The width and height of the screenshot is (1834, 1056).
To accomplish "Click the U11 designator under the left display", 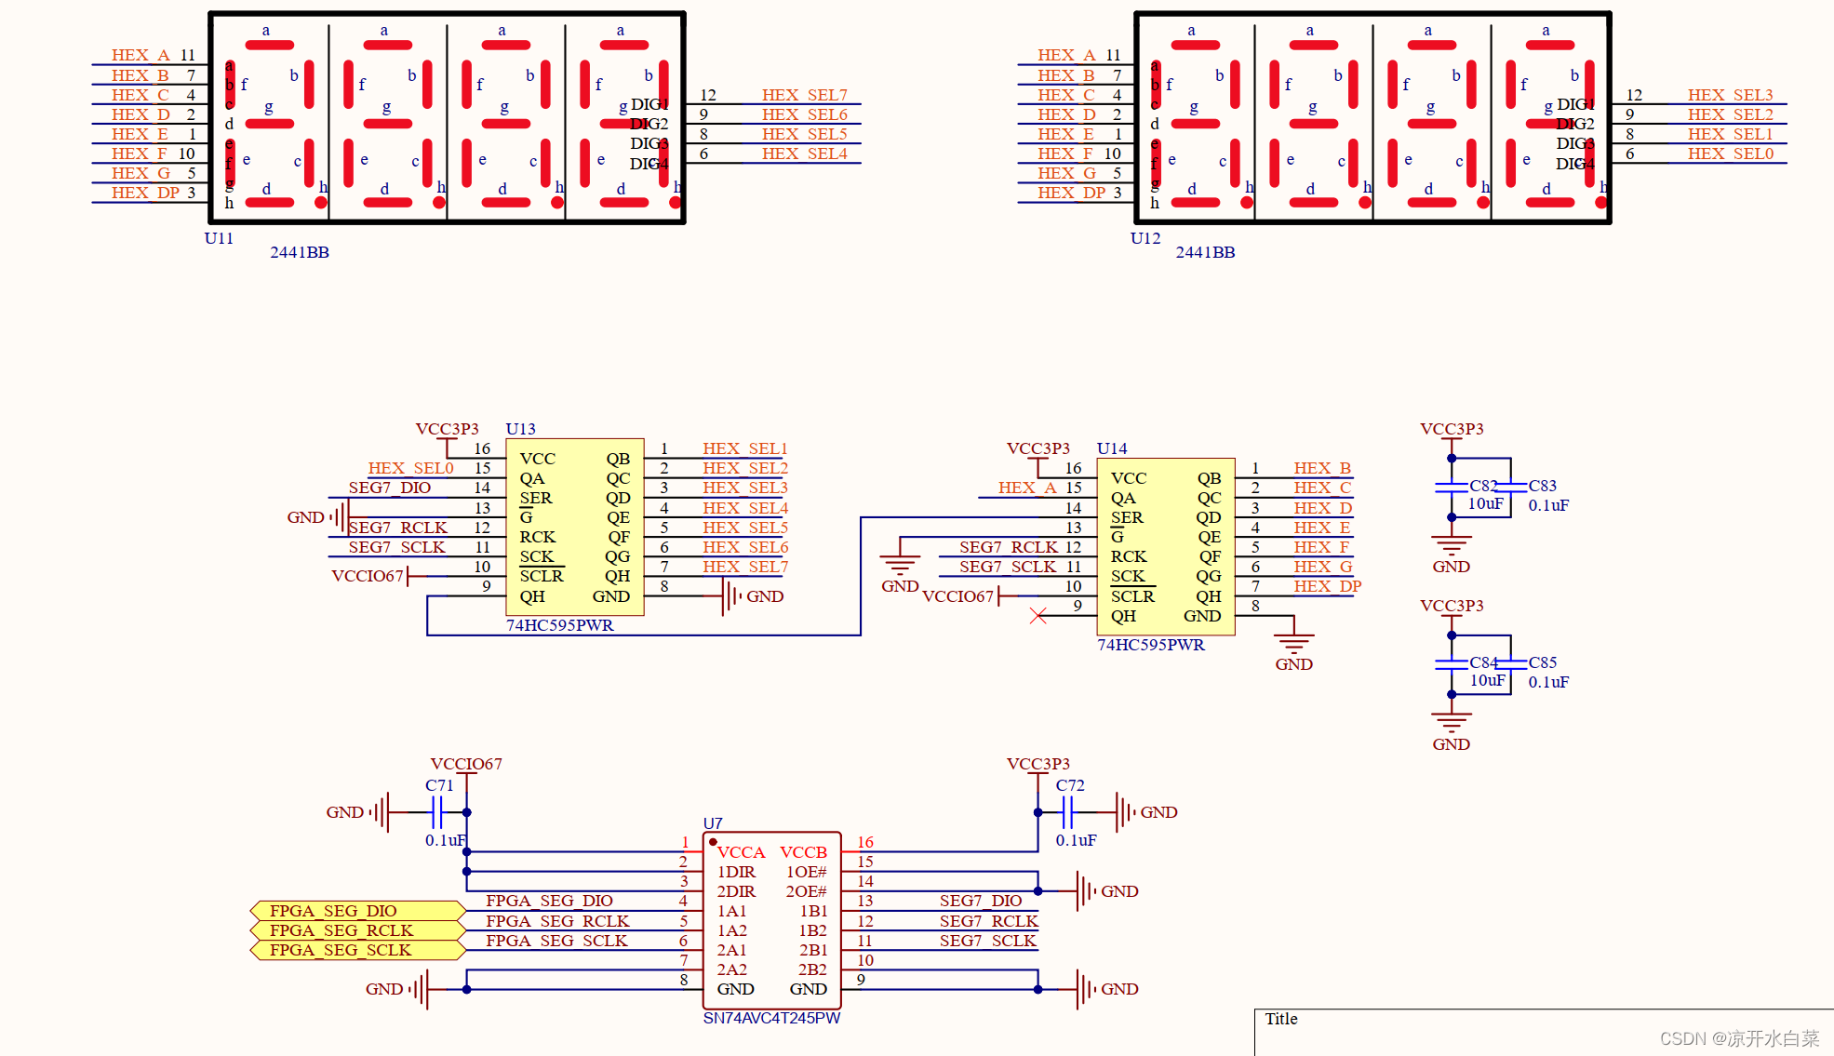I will click(x=219, y=238).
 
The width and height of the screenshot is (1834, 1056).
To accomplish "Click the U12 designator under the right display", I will click(x=1145, y=238).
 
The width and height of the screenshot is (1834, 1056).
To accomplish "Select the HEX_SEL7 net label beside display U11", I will click(x=804, y=95).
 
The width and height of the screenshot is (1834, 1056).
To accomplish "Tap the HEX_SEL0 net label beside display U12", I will click(x=1730, y=154).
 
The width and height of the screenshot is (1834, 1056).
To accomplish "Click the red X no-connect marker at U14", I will click(x=1038, y=616).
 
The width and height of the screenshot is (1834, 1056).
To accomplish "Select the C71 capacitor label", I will click(x=439, y=785).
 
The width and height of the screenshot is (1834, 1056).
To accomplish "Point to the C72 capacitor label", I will click(x=1070, y=785).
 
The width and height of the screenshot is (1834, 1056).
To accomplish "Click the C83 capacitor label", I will click(x=1542, y=486).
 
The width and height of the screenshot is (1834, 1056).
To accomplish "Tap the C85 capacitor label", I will click(x=1542, y=662).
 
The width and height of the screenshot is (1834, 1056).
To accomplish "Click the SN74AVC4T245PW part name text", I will click(x=771, y=1018).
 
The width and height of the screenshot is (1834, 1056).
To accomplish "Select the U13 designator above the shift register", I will click(x=520, y=429).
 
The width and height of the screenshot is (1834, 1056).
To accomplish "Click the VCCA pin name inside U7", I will click(x=741, y=852).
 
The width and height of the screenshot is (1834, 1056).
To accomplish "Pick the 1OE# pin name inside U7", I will click(x=806, y=872).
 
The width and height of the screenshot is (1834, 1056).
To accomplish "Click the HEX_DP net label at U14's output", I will click(x=1327, y=586).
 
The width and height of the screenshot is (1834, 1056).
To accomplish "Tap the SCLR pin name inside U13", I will click(x=542, y=576).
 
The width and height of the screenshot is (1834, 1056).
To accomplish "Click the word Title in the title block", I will click(x=1280, y=1019).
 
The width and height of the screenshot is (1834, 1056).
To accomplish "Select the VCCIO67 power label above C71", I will click(x=465, y=764).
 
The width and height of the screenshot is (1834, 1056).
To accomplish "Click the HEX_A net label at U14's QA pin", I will click(x=1026, y=488).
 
